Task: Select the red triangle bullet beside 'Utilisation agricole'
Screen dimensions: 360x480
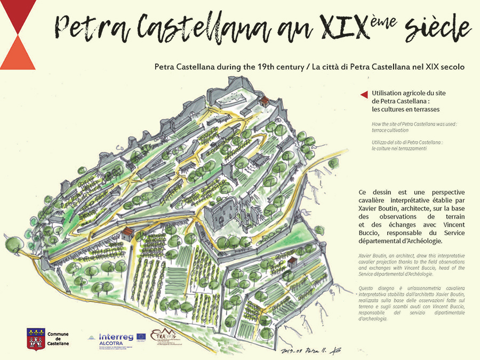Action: (x=364, y=94)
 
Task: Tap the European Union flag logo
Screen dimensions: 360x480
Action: (x=141, y=337)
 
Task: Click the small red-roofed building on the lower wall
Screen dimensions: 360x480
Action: (x=127, y=233)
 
